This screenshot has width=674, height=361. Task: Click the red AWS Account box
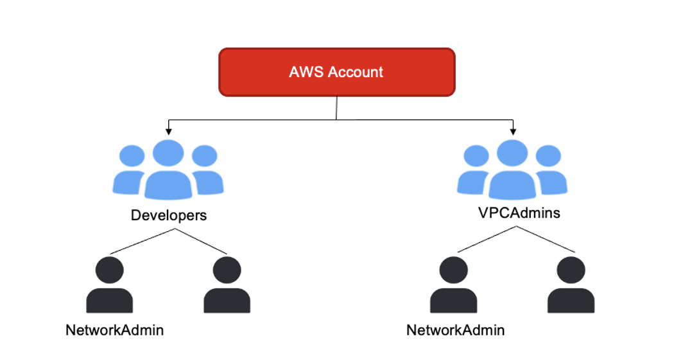[x=337, y=71]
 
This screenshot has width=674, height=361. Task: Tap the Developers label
[x=169, y=215]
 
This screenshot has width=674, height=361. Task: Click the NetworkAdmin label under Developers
[x=114, y=330]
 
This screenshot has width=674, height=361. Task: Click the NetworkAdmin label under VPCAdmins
[x=455, y=330]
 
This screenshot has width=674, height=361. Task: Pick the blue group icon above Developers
[x=168, y=170]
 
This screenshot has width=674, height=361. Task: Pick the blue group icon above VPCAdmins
[x=512, y=170]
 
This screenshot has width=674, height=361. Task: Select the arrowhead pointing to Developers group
[x=168, y=131]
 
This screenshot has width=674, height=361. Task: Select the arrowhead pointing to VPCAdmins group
[x=512, y=131]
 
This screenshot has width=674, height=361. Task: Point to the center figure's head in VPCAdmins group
[x=512, y=154]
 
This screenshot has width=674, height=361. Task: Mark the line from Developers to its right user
[x=198, y=241]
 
